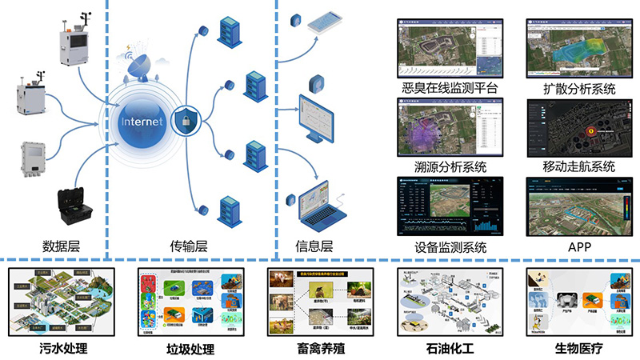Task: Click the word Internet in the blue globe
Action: coord(142,122)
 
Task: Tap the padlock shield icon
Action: coord(186,122)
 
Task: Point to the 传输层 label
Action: coord(189,246)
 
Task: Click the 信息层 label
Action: coord(314,246)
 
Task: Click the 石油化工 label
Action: coord(448,348)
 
